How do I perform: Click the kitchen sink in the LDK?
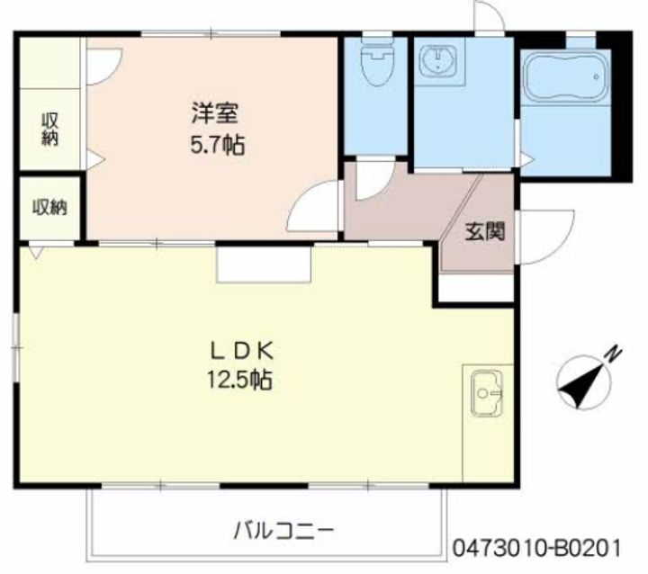tap(486, 393)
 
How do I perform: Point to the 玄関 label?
tap(483, 231)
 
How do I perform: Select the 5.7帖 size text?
tap(219, 144)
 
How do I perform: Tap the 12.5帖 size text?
tap(237, 379)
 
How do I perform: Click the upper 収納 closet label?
tap(49, 129)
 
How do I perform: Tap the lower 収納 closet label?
tap(49, 207)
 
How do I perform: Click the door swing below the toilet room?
tap(372, 178)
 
